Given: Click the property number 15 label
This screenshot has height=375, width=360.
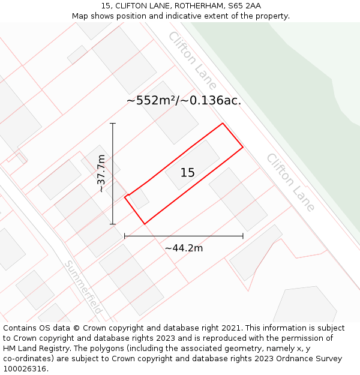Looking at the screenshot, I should pyautogui.click(x=188, y=173).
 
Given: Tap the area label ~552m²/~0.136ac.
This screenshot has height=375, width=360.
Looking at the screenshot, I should pyautogui.click(x=184, y=101).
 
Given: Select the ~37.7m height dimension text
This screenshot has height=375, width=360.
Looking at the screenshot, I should pyautogui.click(x=101, y=173).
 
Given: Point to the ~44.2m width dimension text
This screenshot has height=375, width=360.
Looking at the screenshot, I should pyautogui.click(x=184, y=248).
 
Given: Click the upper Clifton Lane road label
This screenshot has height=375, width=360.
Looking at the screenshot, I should pyautogui.click(x=192, y=61).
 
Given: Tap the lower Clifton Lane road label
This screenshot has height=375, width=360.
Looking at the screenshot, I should pyautogui.click(x=290, y=182).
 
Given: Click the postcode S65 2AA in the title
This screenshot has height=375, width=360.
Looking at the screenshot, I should pyautogui.click(x=245, y=6).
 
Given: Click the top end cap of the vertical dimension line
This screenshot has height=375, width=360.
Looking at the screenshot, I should pyautogui.click(x=113, y=123).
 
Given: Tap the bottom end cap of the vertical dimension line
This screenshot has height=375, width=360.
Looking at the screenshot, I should pyautogui.click(x=113, y=224).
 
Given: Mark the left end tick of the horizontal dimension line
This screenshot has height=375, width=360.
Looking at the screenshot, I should pyautogui.click(x=124, y=236).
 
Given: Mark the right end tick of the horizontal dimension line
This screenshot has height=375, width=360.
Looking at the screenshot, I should pyautogui.click(x=243, y=236).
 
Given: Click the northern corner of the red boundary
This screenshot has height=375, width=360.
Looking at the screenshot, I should pyautogui.click(x=223, y=124).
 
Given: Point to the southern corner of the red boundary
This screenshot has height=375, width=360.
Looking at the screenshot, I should pyautogui.click(x=145, y=224).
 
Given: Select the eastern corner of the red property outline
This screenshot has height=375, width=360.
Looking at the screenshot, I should pyautogui.click(x=243, y=146).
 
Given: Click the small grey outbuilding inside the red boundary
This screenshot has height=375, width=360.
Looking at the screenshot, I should pyautogui.click(x=140, y=199).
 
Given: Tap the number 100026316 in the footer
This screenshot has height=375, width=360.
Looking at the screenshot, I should pyautogui.click(x=25, y=369).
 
